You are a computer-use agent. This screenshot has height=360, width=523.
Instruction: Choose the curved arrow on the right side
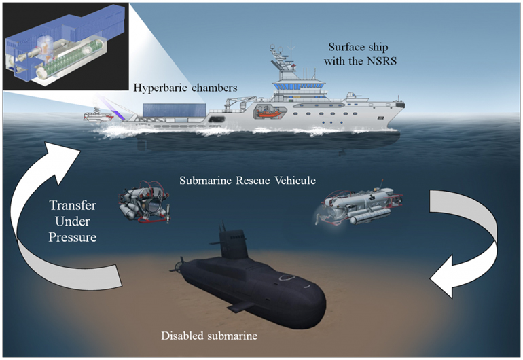(469, 245)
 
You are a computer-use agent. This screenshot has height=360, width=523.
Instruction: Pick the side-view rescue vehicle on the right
(355, 204)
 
